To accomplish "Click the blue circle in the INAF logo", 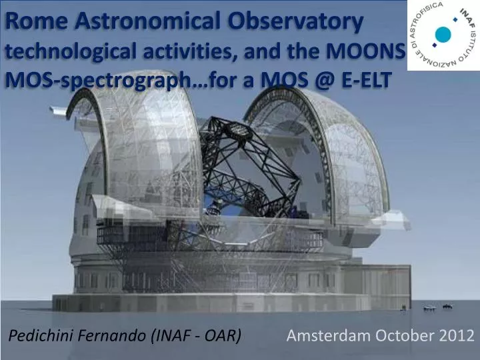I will (442, 35).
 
